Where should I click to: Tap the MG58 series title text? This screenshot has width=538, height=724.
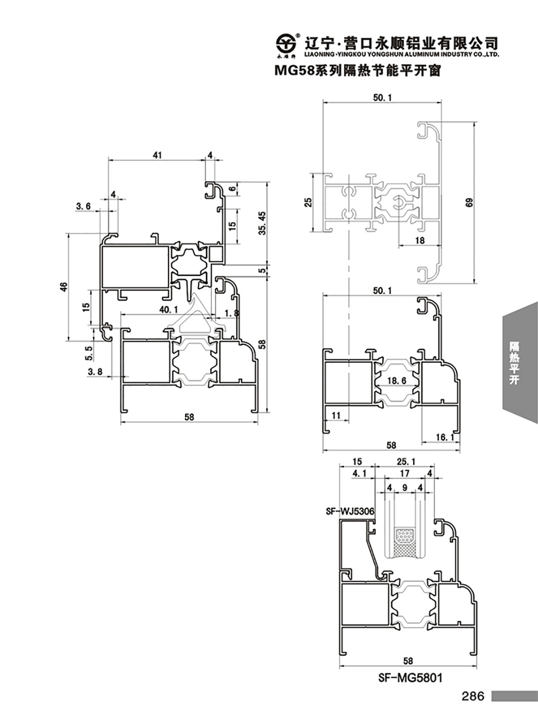[358, 70]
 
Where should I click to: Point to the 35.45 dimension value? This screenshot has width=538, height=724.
[262, 223]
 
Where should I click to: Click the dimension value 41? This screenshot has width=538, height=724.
[157, 155]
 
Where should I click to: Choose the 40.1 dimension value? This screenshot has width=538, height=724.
[168, 310]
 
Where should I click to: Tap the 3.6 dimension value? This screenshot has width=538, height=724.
[83, 206]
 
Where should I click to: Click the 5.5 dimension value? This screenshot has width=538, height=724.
[89, 353]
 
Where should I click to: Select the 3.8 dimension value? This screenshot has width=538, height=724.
[95, 371]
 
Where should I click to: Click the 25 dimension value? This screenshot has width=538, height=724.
[308, 203]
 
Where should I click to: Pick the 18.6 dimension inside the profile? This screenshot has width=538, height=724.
[397, 381]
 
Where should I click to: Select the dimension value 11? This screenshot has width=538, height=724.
[336, 415]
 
